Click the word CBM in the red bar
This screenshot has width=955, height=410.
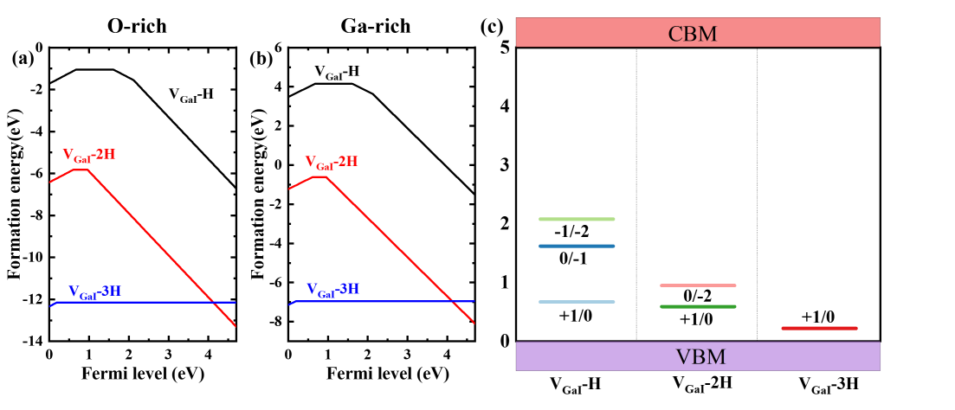tap(693, 35)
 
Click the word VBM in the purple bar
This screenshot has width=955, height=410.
tap(700, 357)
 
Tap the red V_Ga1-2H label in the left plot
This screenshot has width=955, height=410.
tap(88, 156)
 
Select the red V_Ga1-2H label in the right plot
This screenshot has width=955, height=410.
tap(331, 163)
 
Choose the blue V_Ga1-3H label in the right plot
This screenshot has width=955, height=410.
tap(332, 290)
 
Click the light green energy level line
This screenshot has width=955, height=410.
tap(577, 219)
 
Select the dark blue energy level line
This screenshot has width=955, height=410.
tap(577, 247)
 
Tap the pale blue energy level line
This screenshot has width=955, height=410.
tap(577, 302)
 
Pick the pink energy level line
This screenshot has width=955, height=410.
tap(698, 285)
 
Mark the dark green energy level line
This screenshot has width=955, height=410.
tap(698, 306)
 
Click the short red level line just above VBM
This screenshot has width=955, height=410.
tap(819, 329)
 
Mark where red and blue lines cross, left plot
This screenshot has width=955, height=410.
tap(213, 303)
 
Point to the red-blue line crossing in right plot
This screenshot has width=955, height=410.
tap(453, 302)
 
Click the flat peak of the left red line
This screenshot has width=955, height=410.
tap(80, 170)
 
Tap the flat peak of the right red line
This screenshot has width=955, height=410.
tap(319, 176)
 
